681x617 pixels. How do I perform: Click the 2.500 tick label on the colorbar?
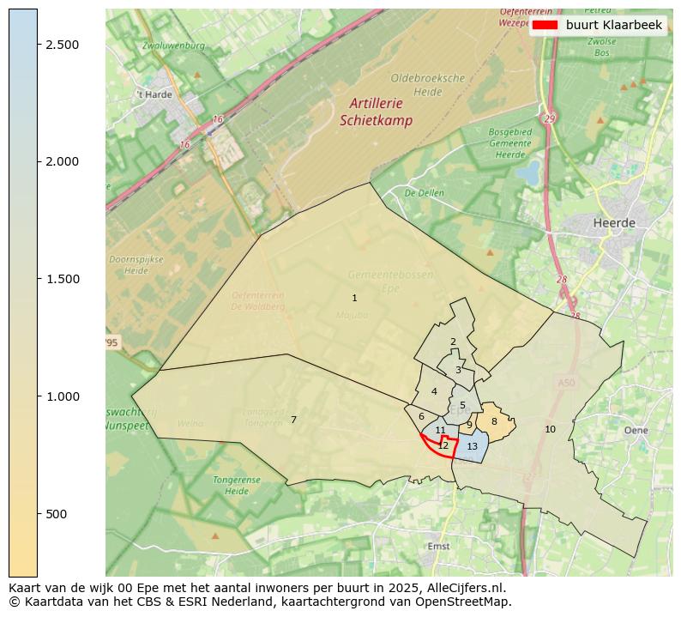click(63, 45)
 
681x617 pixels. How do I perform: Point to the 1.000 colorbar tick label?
click(63, 396)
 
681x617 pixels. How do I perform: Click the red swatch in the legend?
click(545, 25)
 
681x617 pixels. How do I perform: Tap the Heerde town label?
click(614, 223)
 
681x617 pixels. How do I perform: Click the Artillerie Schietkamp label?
click(376, 112)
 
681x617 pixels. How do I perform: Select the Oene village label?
click(636, 430)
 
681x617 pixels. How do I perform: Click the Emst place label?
click(438, 546)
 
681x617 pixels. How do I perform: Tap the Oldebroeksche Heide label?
click(427, 84)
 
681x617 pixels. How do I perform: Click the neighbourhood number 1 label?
click(354, 298)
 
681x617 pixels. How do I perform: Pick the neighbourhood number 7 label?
click(293, 420)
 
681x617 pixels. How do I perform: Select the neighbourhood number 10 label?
click(550, 429)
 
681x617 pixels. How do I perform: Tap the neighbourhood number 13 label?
click(472, 446)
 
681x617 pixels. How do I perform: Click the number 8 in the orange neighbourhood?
click(494, 421)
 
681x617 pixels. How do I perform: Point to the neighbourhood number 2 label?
click(453, 342)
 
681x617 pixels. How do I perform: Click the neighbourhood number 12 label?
click(443, 445)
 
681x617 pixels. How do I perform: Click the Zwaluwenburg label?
click(168, 45)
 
